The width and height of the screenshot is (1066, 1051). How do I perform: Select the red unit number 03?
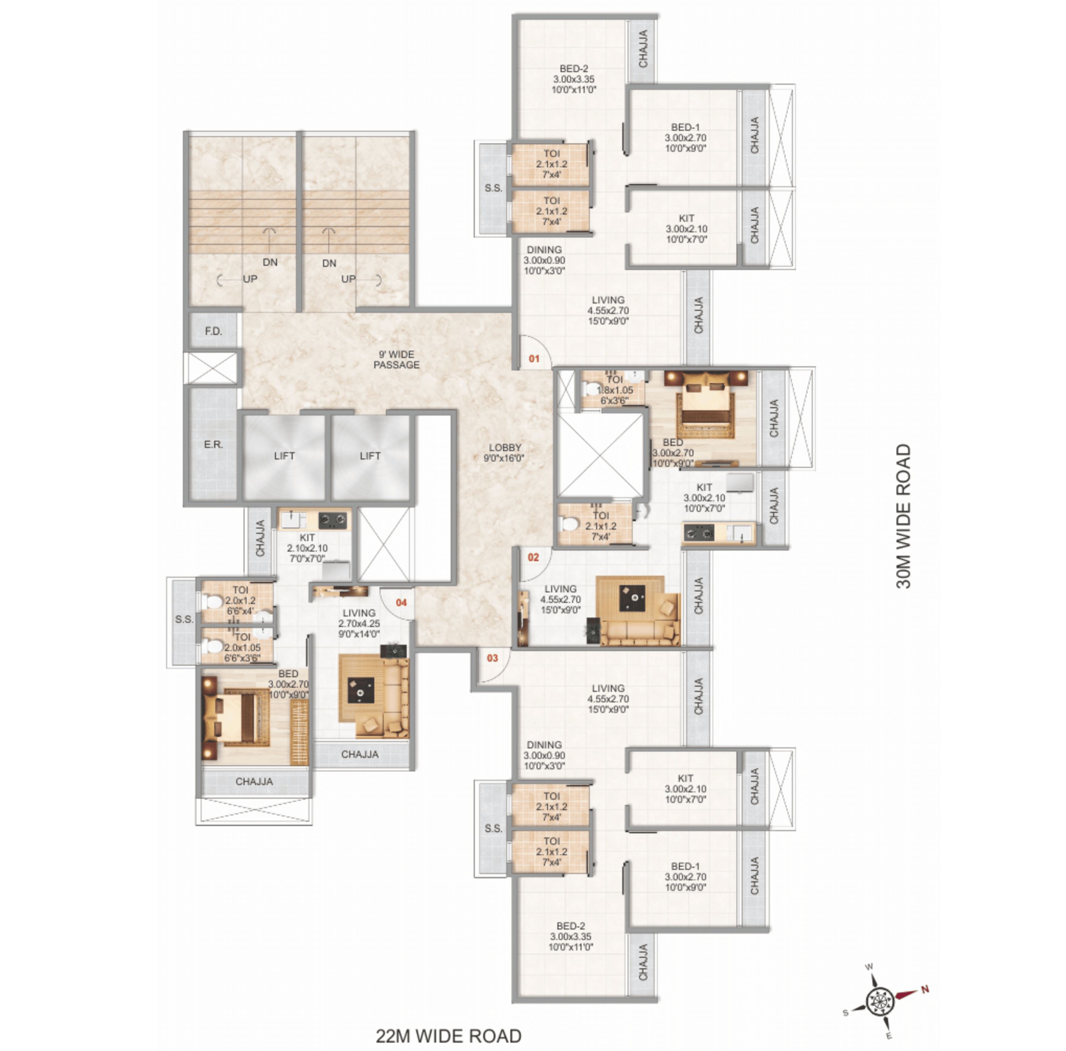click(492, 658)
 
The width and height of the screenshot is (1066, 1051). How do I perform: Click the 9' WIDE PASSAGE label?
click(396, 360)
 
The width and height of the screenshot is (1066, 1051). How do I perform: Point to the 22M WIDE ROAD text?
click(449, 1036)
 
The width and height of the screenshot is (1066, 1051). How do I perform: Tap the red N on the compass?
click(924, 989)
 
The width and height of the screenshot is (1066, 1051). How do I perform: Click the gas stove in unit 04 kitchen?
click(333, 520)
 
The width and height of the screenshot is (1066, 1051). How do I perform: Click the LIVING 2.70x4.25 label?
click(359, 623)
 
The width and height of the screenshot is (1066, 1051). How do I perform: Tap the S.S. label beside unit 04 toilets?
click(184, 619)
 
